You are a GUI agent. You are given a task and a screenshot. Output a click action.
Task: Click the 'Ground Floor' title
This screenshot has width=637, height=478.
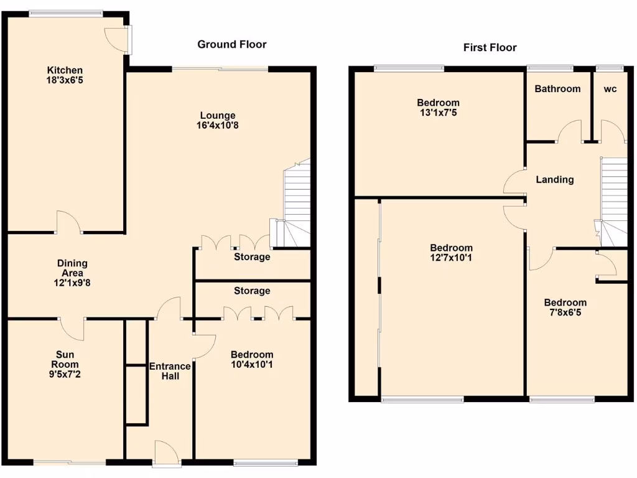pyautogui.click(x=231, y=44)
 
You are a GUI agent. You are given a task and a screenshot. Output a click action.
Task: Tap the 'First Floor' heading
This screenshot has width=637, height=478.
pyautogui.click(x=490, y=47)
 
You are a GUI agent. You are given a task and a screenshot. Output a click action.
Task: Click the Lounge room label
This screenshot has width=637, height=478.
pyautogui.click(x=218, y=115)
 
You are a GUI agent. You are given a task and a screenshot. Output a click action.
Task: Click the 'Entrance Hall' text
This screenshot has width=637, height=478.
pyautogui.click(x=169, y=371)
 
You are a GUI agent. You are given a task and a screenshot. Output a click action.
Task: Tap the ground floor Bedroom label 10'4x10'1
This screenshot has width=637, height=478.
pyautogui.click(x=252, y=365)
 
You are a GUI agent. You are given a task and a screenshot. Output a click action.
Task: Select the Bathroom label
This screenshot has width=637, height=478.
pyautogui.click(x=557, y=89)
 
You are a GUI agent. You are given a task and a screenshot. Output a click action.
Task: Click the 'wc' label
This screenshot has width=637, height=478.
pyautogui.click(x=610, y=89)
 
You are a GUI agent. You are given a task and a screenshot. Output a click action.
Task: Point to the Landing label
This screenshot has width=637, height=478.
pyautogui.click(x=555, y=180)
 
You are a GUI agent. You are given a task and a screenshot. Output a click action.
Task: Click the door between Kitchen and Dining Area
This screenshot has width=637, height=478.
pyautogui.click(x=68, y=223)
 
